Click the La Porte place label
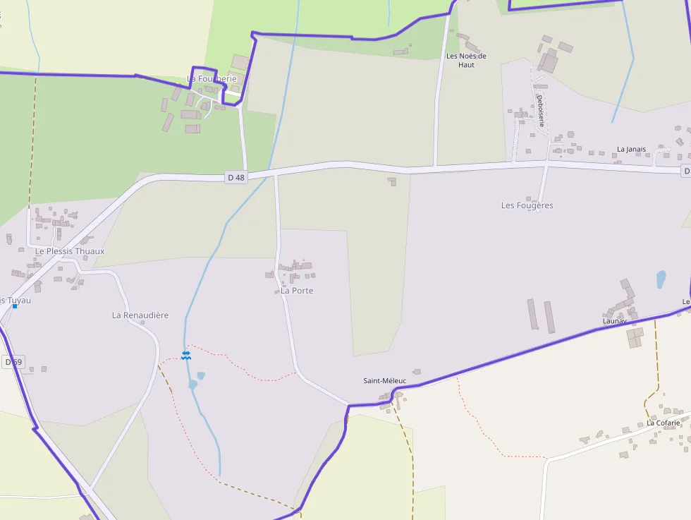297,291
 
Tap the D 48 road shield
236,178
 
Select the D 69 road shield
13,362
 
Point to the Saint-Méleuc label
384,381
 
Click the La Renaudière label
140,315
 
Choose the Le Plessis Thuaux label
70,251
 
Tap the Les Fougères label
527,205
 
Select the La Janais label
631,150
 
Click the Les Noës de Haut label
466,60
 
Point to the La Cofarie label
664,423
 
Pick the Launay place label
614,321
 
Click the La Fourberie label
212,79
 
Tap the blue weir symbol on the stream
185,355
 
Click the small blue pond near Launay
661,279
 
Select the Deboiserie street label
541,110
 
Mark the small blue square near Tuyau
14,306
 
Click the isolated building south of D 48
391,181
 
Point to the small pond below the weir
201,376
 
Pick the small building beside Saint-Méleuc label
417,372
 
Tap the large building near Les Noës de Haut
549,61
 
